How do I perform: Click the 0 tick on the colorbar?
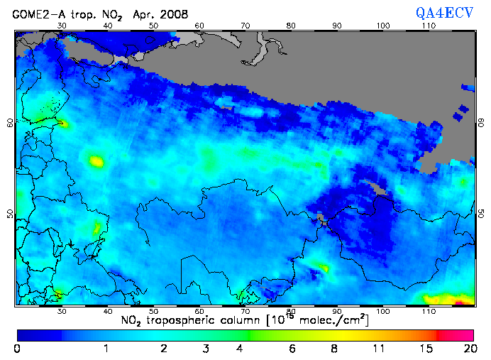click(17, 349)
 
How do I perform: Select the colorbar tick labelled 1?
click(106, 349)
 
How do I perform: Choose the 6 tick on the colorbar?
click(292, 349)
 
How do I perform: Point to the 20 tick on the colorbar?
click(468, 349)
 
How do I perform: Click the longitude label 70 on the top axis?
click(245, 25)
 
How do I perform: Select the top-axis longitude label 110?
click(429, 25)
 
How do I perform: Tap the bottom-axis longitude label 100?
click(383, 311)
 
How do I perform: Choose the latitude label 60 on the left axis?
click(9, 122)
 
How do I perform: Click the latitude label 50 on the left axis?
click(9, 214)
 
